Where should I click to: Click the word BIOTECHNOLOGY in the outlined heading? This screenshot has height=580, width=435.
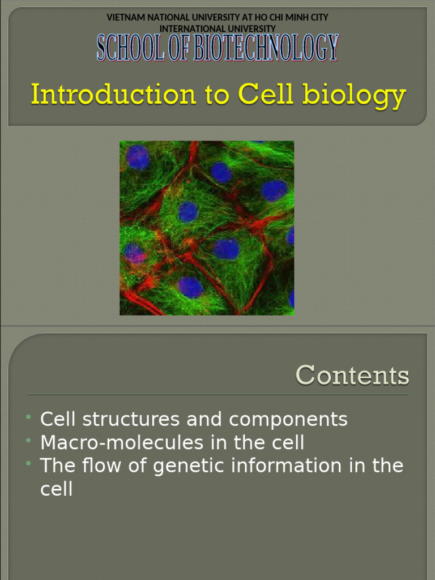pos(266,48)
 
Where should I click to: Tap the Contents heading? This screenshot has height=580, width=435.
pos(352,376)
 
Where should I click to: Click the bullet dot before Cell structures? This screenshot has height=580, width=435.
pos(28,418)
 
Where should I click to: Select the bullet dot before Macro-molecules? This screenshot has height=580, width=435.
pos(28,441)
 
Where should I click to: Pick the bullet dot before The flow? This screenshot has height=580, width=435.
pos(28,464)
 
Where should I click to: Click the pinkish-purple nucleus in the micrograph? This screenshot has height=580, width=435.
pos(134,253)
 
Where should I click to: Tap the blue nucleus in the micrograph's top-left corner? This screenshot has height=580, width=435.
pos(138,157)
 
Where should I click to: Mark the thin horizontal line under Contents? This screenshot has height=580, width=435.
pos(218,395)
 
